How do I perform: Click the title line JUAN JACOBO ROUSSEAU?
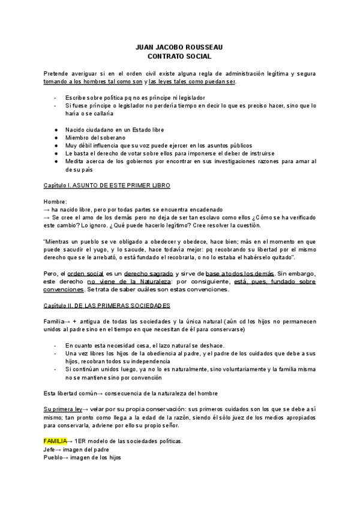179,48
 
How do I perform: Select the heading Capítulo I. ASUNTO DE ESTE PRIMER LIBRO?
107,186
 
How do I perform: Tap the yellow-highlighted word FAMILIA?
55,441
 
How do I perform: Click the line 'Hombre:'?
55,202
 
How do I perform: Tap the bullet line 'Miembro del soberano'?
95,138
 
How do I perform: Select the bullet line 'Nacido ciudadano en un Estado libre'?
114,130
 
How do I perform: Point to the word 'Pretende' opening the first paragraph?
56,74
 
